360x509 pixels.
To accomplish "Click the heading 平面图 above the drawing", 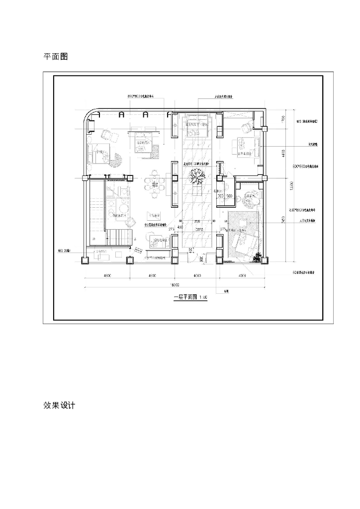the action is pyautogui.click(x=56, y=57).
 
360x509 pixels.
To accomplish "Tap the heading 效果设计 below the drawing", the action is pyautogui.click(x=59, y=406).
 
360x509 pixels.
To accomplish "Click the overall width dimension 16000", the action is pyautogui.click(x=175, y=284).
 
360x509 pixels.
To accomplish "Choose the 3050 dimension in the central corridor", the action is pyautogui.click(x=199, y=231).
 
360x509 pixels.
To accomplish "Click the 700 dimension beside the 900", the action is pyautogui.click(x=221, y=196).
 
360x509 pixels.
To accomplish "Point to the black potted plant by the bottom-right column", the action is pyautogui.click(x=258, y=256).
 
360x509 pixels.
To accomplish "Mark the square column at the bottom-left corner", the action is pyautogui.click(x=85, y=259).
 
